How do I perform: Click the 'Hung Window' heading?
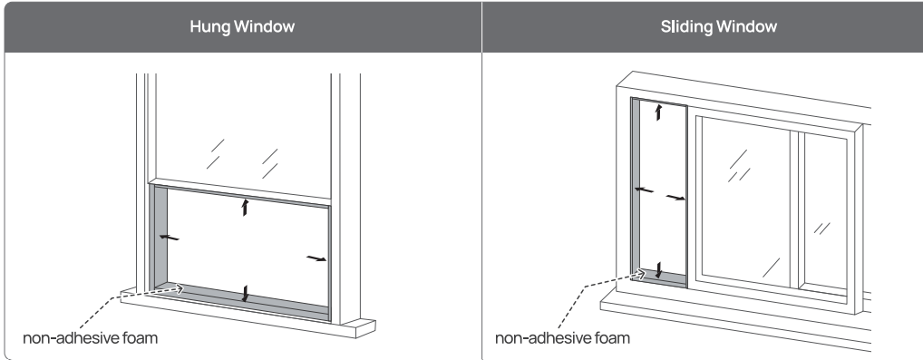point(242,26)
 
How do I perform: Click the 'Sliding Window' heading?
point(719,26)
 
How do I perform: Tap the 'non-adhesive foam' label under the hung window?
point(90,338)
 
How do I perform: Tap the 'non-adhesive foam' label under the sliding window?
point(562,338)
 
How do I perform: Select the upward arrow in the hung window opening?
point(245,207)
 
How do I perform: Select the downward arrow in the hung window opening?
point(245,294)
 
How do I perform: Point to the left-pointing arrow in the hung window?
point(169,238)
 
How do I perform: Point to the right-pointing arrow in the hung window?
point(316,258)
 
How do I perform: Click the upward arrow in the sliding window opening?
point(658,112)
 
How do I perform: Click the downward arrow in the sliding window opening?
point(658,270)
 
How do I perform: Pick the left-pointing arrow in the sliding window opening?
point(644,190)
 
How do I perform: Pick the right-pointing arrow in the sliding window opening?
point(675,198)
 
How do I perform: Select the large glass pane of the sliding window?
point(746,203)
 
